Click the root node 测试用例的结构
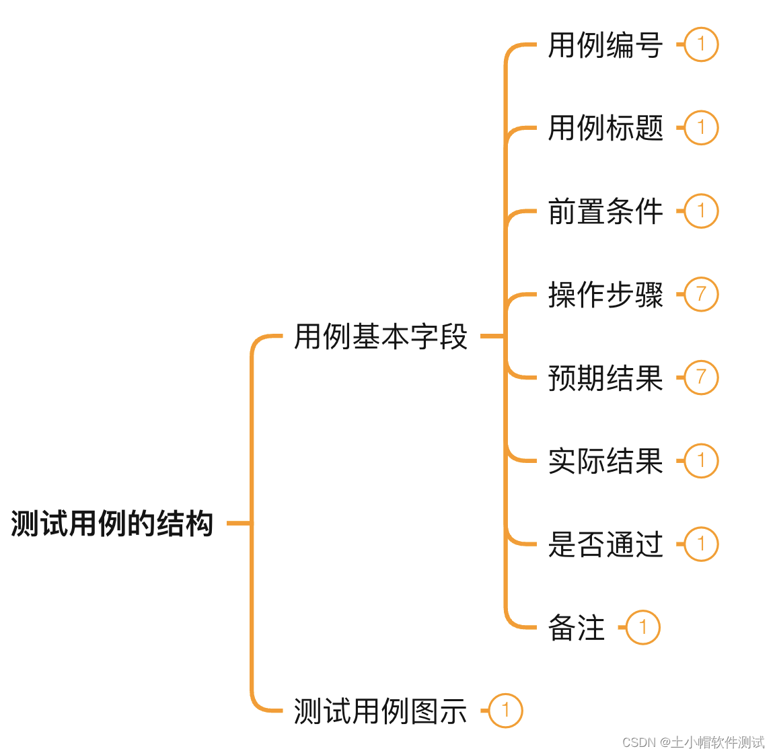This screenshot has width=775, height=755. click(x=112, y=524)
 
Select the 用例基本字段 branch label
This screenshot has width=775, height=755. click(x=381, y=336)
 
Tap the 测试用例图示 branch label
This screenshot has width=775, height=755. click(x=381, y=711)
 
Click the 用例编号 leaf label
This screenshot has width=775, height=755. click(x=605, y=45)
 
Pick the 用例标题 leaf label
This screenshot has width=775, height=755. click(x=605, y=128)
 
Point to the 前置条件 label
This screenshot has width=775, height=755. click(x=605, y=211)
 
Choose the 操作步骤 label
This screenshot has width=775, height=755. click(x=605, y=295)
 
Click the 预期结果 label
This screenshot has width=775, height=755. click(x=605, y=378)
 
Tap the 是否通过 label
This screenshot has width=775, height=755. click(x=605, y=544)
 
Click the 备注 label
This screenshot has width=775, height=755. click(x=577, y=628)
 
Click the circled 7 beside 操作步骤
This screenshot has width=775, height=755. click(x=701, y=295)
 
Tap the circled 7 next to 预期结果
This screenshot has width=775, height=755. click(x=701, y=377)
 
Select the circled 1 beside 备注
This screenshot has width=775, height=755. click(x=643, y=628)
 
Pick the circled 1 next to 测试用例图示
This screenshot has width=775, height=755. click(x=505, y=711)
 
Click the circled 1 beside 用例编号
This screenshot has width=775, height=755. click(x=701, y=45)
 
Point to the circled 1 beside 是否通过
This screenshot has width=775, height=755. click(x=701, y=544)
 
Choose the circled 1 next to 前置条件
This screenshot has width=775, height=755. click(x=701, y=211)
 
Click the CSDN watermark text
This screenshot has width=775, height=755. click(x=693, y=742)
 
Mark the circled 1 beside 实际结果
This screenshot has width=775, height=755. click(x=701, y=461)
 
